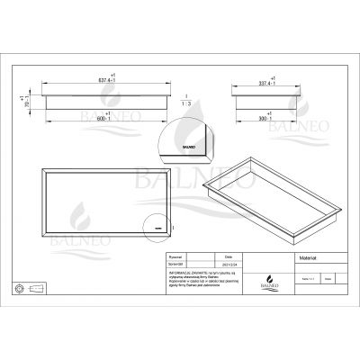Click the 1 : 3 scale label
tap(184, 101)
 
